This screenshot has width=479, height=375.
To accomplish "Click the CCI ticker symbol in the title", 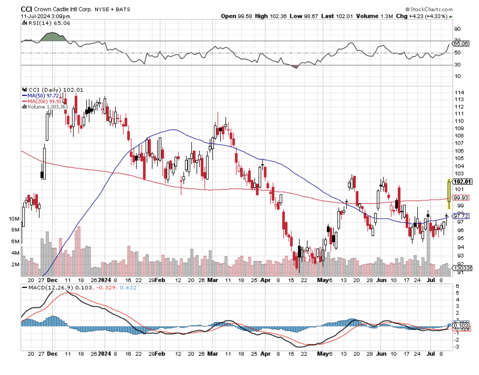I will [26, 9].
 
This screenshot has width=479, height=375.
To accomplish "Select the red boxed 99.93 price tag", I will [461, 198].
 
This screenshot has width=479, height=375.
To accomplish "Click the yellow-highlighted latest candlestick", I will [449, 193].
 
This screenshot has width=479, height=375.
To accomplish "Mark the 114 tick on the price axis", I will [460, 93].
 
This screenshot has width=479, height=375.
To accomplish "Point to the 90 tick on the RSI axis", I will [457, 29].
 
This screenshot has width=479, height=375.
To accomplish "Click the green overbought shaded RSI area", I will [53, 37].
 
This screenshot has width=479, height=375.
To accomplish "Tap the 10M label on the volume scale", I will [26, 219].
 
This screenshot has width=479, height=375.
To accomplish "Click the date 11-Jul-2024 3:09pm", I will [42, 16].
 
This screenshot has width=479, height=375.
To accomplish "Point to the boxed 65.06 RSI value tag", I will [461, 44].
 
